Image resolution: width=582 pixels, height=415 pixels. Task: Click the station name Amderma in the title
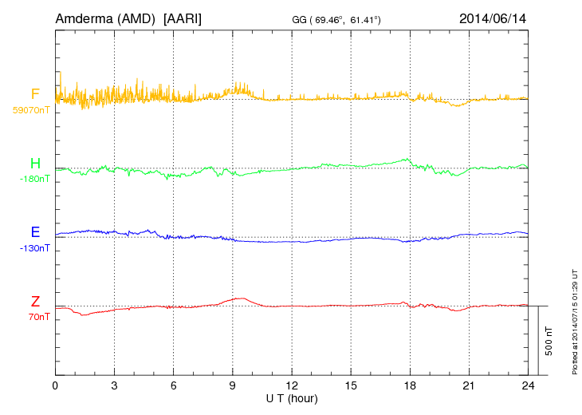pyautogui.click(x=81, y=17)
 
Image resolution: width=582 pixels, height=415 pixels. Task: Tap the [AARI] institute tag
pyautogui.click(x=182, y=17)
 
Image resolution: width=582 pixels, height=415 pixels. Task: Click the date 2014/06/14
pyautogui.click(x=493, y=17)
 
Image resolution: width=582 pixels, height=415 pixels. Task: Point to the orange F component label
pyautogui.click(x=35, y=94)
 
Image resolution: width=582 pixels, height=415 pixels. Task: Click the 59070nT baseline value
pyautogui.click(x=30, y=110)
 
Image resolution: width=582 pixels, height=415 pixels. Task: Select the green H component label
pyautogui.click(x=35, y=164)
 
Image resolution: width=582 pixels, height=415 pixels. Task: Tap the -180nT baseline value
pyautogui.click(x=34, y=179)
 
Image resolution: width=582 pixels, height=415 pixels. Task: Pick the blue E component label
pyautogui.click(x=35, y=232)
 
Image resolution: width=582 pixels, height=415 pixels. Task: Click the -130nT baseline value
pyautogui.click(x=34, y=247)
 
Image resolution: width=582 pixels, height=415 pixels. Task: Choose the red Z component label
pyautogui.click(x=35, y=301)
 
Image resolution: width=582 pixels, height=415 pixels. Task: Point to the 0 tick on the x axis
pyautogui.click(x=55, y=385)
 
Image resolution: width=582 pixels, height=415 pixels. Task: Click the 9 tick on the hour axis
pyautogui.click(x=233, y=385)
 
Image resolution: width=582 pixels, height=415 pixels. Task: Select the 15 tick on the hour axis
pyautogui.click(x=351, y=385)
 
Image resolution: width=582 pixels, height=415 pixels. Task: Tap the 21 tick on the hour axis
pyautogui.click(x=469, y=385)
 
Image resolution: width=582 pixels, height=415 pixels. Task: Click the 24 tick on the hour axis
pyautogui.click(x=528, y=385)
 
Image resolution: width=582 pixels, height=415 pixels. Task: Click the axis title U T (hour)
pyautogui.click(x=292, y=397)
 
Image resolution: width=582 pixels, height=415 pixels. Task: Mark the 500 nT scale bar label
pyautogui.click(x=549, y=340)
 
